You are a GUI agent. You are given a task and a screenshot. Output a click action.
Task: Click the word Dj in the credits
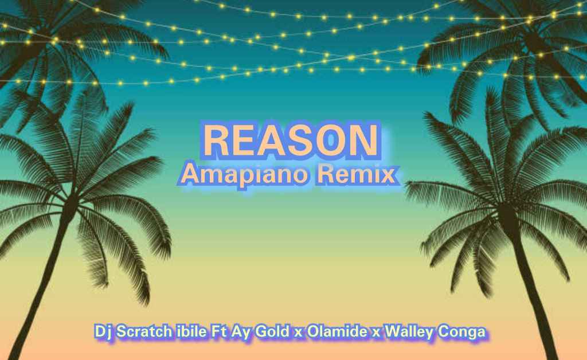(104, 332)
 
